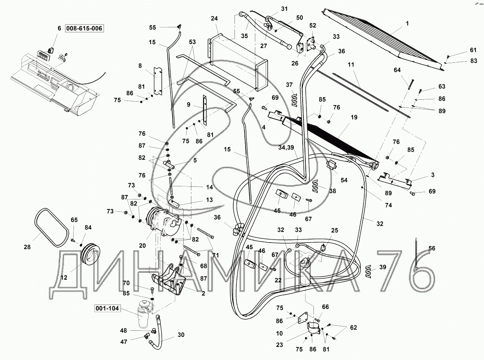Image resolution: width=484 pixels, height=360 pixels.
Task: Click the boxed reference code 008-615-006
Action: click(84, 28)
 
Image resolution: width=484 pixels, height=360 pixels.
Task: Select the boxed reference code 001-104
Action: click(107, 308)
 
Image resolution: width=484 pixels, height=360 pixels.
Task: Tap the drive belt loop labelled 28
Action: click(52, 228)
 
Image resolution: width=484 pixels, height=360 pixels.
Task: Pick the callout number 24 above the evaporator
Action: click(214, 18)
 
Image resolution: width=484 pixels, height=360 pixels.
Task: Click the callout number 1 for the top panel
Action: click(407, 23)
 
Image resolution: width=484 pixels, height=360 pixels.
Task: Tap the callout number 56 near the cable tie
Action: click(432, 248)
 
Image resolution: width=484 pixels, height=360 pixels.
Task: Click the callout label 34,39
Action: click(286, 148)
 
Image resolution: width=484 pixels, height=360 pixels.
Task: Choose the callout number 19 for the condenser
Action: click(354, 117)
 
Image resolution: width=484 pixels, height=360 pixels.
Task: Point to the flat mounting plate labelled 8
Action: click(159, 81)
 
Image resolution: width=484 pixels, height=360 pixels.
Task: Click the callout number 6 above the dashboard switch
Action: click(59, 28)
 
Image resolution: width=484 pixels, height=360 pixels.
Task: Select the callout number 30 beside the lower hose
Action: click(181, 335)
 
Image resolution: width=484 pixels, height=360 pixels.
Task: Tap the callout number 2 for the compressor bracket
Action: click(203, 293)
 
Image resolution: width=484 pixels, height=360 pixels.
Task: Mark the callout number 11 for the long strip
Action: click(351, 65)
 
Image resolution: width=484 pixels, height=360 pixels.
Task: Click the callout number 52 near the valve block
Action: click(313, 25)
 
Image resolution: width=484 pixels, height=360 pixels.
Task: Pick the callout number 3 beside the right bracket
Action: click(433, 175)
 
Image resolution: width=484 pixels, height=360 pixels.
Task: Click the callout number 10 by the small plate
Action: click(279, 333)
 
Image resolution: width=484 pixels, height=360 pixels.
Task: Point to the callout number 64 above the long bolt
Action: click(397, 70)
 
